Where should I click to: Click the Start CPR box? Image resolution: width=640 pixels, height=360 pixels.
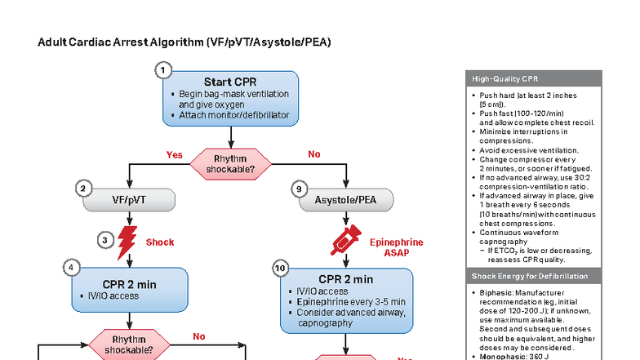[x=232, y=99]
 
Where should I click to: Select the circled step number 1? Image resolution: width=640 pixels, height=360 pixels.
[x=163, y=71]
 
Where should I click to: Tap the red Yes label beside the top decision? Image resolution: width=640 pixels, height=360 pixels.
[x=174, y=154]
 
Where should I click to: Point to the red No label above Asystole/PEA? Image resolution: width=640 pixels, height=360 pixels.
[x=313, y=154]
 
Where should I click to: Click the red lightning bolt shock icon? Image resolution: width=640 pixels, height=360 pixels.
[x=128, y=242]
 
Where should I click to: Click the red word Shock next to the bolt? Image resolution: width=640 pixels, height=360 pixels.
[x=160, y=242]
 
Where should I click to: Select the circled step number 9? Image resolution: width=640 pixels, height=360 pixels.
[x=300, y=189]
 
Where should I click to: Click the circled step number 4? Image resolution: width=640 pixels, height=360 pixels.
[x=73, y=267]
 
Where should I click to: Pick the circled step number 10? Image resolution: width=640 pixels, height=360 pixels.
[x=281, y=267]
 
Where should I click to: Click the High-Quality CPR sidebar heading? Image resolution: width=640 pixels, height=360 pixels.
[x=504, y=78]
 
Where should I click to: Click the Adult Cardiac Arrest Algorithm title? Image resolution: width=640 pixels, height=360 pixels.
[x=184, y=42]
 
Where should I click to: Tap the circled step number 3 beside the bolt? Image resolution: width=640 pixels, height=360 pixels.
[x=105, y=239]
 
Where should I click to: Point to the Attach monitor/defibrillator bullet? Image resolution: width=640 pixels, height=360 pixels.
[x=233, y=115]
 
